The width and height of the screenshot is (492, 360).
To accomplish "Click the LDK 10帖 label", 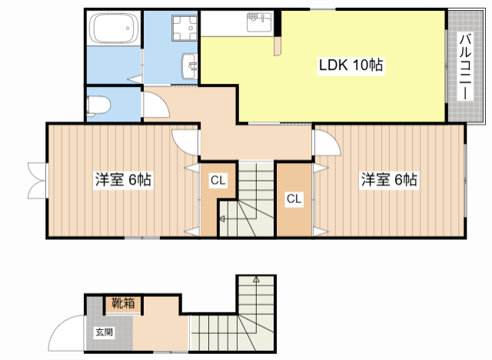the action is [351, 65].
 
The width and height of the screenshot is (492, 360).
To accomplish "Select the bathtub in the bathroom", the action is [114, 28].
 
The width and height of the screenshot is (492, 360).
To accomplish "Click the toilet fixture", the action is [98, 105].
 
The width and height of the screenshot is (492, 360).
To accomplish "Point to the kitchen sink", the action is [259, 22].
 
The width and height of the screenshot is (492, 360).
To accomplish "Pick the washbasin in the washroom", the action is [190, 66].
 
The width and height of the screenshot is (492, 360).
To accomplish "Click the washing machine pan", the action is [184, 28].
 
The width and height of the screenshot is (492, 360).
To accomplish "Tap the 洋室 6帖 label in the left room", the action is [123, 179].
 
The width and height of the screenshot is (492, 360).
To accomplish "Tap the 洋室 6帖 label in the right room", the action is [389, 179].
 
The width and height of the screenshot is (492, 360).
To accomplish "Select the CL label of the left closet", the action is [218, 180].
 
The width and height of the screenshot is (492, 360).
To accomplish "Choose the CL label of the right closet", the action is [294, 198].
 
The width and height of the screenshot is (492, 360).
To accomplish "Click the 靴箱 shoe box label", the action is [123, 303].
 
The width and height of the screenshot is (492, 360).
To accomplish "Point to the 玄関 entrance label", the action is [105, 332].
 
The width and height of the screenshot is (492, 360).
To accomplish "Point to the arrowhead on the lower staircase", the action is [256, 278].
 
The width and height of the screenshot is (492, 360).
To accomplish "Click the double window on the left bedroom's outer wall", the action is [37, 181].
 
